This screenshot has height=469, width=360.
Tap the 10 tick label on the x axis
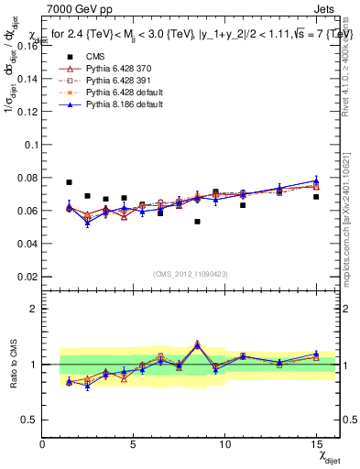tap(224, 443)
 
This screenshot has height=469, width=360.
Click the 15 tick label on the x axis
tap(315, 443)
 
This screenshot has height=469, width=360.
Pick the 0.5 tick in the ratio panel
tap(28, 420)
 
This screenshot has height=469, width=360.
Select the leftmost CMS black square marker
tap(70, 182)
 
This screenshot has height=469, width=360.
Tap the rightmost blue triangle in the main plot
tap(315, 181)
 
